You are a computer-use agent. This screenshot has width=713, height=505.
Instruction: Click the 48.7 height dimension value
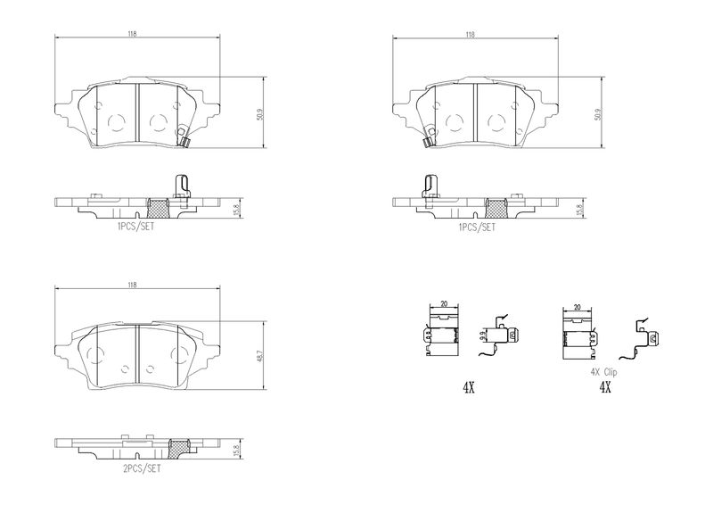(259, 356)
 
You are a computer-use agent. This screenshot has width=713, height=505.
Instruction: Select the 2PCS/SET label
(143, 468)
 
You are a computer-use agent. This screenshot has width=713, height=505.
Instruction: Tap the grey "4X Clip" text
(603, 372)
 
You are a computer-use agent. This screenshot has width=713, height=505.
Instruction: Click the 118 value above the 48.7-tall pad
(132, 285)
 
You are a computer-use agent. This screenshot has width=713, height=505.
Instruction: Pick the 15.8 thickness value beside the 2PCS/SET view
(236, 450)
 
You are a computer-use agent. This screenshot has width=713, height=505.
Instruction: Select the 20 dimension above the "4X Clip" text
(578, 307)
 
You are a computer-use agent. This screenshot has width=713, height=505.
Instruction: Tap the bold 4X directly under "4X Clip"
(605, 387)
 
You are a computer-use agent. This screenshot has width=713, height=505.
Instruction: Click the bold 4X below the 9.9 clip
(469, 388)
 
